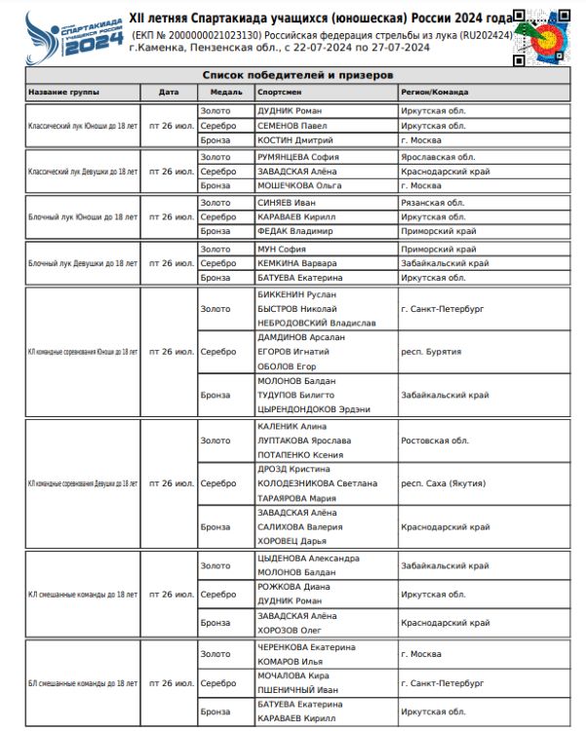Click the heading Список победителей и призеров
click(x=297, y=75)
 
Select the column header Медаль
click(x=215, y=92)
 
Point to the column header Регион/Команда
click(x=435, y=92)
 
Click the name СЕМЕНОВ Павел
click(x=290, y=126)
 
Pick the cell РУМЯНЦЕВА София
click(x=298, y=157)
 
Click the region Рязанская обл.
click(x=434, y=203)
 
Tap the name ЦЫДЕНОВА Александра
click(x=308, y=558)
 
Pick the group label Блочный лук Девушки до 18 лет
click(x=83, y=263)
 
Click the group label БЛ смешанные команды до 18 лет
click(x=82, y=684)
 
